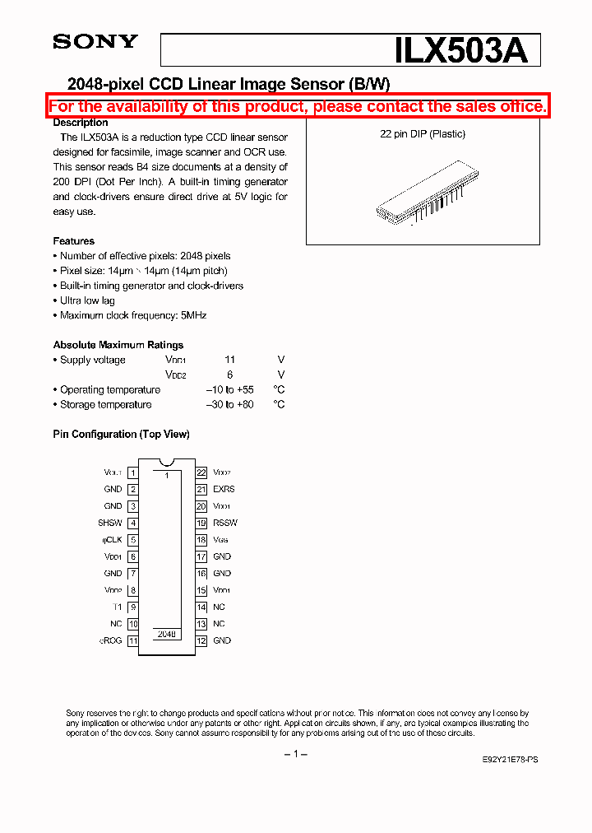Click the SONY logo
95,42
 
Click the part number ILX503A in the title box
461,50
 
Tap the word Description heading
81,122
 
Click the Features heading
74,241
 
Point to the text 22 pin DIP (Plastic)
423,134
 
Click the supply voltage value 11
229,360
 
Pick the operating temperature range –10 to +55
229,389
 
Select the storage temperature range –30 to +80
229,404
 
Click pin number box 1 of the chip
132,472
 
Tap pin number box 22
201,472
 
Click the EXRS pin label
224,489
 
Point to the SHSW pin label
110,523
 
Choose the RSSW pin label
225,523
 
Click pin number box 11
132,640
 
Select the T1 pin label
116,607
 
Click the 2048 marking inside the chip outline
167,635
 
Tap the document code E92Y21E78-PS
511,761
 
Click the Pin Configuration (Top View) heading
121,434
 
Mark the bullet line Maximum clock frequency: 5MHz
132,315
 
